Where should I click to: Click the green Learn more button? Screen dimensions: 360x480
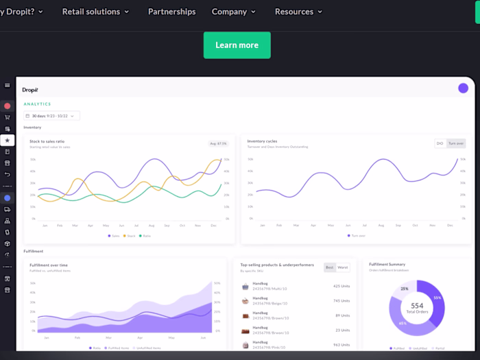pyautogui.click(x=237, y=45)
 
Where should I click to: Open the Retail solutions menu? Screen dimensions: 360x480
pyautogui.click(x=95, y=12)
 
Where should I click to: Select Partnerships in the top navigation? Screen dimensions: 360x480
pyautogui.click(x=171, y=12)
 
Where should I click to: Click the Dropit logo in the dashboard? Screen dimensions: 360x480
pyautogui.click(x=31, y=90)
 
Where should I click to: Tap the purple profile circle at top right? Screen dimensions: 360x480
pyautogui.click(x=463, y=88)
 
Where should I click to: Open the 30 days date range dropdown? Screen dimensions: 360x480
pyautogui.click(x=51, y=116)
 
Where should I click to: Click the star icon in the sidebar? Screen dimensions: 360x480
pyautogui.click(x=8, y=140)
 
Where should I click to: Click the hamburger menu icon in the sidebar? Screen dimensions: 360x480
pyautogui.click(x=8, y=86)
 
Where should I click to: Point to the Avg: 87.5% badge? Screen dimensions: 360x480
pyautogui.click(x=218, y=143)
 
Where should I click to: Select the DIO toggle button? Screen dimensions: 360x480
pyautogui.click(x=440, y=143)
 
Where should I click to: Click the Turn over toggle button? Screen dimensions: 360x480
pyautogui.click(x=455, y=143)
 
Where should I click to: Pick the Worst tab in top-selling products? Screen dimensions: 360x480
pyautogui.click(x=342, y=267)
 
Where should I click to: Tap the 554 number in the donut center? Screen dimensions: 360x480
pyautogui.click(x=417, y=306)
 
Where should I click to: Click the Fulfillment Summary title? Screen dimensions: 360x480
pyautogui.click(x=387, y=264)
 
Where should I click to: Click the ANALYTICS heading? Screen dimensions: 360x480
pyautogui.click(x=37, y=104)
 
